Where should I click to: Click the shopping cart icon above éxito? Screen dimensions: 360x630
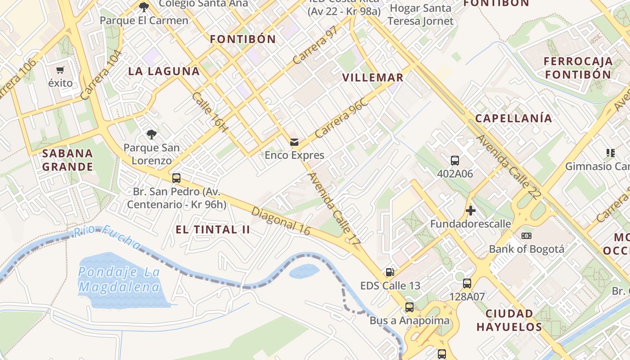coord(60,70)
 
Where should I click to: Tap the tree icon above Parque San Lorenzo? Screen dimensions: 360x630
coord(152,134)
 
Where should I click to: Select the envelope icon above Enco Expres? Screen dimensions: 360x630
coord(294,142)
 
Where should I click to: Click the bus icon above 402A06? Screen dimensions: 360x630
coord(455,160)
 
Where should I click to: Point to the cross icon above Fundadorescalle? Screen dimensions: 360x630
coord(471,210)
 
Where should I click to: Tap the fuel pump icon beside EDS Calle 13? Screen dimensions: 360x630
coord(390,272)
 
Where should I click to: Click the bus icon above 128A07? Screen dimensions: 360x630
coord(467,283)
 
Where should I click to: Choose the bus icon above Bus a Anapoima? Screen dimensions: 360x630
coord(409,307)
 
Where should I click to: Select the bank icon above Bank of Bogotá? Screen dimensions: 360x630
coord(526,236)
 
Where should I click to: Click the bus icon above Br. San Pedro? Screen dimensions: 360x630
coord(176,178)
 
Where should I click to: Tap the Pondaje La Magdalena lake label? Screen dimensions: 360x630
coord(119,279)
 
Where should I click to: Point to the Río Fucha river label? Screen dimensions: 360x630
coord(107,237)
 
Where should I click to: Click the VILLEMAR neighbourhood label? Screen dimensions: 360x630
coord(373,77)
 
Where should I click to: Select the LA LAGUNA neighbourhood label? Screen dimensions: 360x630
coord(164,71)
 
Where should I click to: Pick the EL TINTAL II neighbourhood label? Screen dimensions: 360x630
coord(212,229)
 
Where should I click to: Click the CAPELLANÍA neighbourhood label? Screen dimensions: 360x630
coord(513,118)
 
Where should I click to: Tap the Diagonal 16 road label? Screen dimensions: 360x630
coord(281,221)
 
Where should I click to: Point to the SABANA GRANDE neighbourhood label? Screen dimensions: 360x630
coord(67,160)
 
